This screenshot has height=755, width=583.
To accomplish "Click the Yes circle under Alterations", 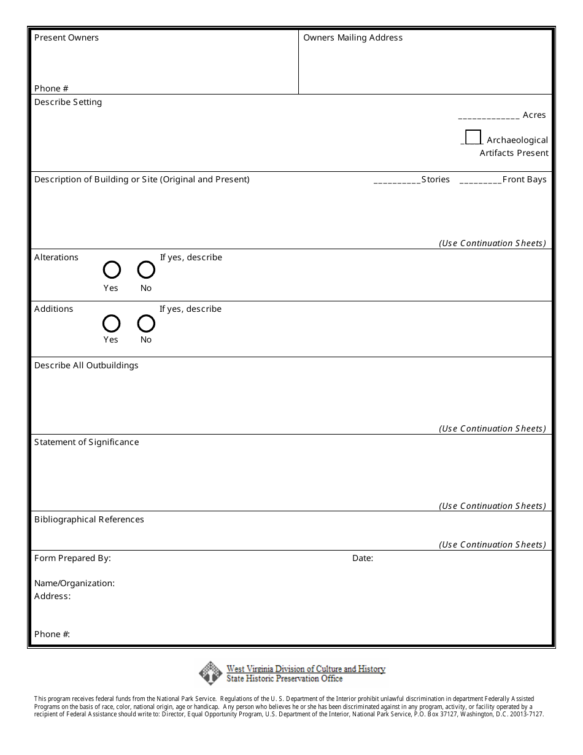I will [x=112, y=270].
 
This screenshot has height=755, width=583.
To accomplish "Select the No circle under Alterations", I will [x=146, y=270].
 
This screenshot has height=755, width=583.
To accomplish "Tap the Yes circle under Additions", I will [x=112, y=323].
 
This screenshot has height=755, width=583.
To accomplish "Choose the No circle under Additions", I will [x=146, y=323].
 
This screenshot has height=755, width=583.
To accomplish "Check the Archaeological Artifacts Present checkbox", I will [x=473, y=137].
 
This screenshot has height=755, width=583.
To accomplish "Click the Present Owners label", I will [x=66, y=37].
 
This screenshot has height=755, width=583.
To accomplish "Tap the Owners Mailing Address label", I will [x=353, y=37].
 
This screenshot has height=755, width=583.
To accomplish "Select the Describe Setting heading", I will [x=68, y=102].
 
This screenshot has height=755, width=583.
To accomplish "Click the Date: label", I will [x=363, y=558].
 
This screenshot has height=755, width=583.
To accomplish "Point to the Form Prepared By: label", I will [x=72, y=558].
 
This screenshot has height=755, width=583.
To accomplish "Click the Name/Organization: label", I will [x=74, y=583].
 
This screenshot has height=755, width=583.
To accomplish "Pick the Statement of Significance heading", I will [x=87, y=442].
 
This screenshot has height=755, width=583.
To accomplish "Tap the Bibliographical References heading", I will [x=89, y=519].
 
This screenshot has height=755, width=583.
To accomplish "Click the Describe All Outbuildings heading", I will [x=87, y=365].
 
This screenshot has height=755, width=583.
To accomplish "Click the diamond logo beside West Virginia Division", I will [x=210, y=673].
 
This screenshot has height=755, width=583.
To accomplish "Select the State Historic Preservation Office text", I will [x=285, y=679].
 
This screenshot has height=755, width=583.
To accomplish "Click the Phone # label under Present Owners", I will [x=52, y=88].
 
